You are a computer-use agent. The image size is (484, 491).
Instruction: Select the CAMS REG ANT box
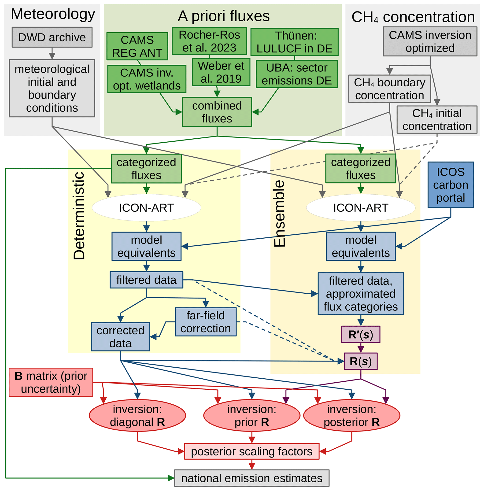[x=137, y=46]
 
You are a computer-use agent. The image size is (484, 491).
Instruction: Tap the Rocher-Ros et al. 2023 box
[x=209, y=41]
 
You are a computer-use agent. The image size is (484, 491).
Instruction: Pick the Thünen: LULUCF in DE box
[x=294, y=42]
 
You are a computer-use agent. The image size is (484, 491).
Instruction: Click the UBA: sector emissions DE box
[x=297, y=74]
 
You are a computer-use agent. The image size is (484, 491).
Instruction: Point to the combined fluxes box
[x=217, y=112]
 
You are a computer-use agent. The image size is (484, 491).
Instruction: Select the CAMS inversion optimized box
[x=430, y=41]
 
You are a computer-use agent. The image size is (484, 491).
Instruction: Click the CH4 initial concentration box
[x=437, y=119]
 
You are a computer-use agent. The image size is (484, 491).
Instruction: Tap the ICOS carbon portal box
[x=451, y=185]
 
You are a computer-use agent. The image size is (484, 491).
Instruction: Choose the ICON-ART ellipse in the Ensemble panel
[x=360, y=208]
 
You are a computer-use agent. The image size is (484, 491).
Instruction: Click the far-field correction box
[x=205, y=322]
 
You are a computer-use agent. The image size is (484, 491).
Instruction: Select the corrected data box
[x=121, y=337]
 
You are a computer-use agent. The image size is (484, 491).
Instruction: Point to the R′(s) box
[x=360, y=334]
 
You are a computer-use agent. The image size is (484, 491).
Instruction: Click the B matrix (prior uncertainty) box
[x=51, y=382]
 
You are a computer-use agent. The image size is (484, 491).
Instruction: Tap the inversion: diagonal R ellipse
[x=137, y=416]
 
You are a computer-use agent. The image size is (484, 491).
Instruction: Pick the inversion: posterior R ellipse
[x=351, y=416]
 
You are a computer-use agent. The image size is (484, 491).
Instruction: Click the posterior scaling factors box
[x=252, y=452]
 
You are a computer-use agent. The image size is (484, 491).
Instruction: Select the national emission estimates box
[x=252, y=478]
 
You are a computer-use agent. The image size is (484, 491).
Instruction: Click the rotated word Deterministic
[x=79, y=216]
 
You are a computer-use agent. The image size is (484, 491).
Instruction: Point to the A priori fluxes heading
[x=223, y=16]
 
